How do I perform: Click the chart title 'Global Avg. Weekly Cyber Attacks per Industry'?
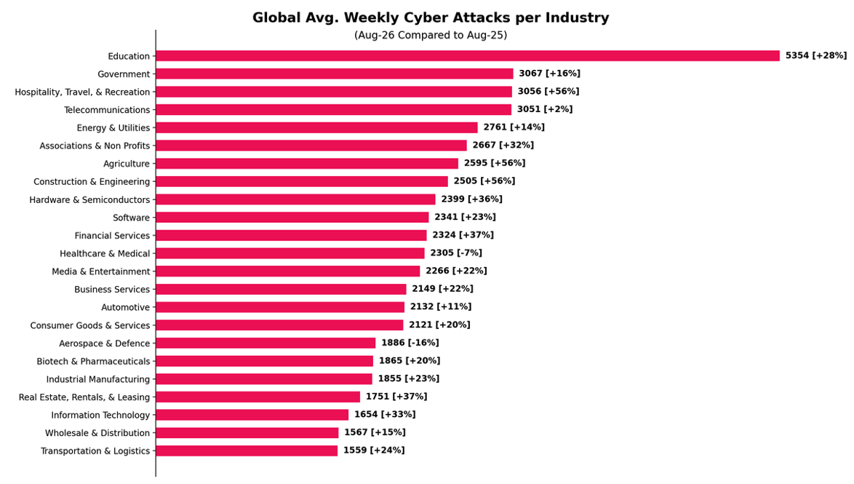(x=430, y=17)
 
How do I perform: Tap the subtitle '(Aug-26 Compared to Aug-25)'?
(x=430, y=36)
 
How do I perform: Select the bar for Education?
(x=468, y=55)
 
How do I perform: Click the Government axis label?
(x=124, y=74)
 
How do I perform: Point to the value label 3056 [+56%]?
(x=548, y=91)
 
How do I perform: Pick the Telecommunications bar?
(x=334, y=110)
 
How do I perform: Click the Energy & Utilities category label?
(x=113, y=128)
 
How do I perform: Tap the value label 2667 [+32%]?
(x=503, y=145)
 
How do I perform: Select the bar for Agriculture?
(x=307, y=164)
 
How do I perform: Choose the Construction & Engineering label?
(x=92, y=182)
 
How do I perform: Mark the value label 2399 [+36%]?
(x=471, y=199)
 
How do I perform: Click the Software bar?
(x=292, y=218)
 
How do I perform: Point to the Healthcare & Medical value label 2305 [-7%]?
(x=456, y=253)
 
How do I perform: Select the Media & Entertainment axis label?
(x=101, y=271)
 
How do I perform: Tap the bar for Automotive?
(x=281, y=307)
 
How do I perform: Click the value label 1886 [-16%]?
(x=410, y=343)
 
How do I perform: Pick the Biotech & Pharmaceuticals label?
(x=93, y=362)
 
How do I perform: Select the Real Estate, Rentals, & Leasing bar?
(x=258, y=397)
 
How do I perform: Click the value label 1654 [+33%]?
(x=385, y=414)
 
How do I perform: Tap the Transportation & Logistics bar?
(x=247, y=451)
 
